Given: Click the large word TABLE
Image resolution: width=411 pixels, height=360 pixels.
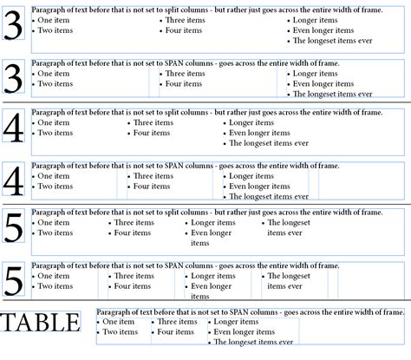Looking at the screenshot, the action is (x=41, y=323).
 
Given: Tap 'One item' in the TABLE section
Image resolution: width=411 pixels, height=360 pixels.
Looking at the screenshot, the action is (x=120, y=322).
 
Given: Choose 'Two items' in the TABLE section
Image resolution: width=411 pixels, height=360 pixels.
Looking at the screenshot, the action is (x=121, y=332).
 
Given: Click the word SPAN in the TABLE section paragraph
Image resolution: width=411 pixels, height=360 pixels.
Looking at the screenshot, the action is (x=245, y=311).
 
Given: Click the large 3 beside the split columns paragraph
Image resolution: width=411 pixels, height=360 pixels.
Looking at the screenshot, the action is (x=14, y=29).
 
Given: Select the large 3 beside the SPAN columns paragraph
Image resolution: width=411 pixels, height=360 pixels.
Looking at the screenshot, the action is (x=14, y=80).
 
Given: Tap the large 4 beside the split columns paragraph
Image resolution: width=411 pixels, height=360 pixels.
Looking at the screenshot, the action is (x=14, y=128).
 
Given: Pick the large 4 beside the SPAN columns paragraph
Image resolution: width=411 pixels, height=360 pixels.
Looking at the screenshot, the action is (x=14, y=180).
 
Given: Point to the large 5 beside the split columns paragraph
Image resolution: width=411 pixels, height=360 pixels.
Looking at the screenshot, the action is (x=14, y=230).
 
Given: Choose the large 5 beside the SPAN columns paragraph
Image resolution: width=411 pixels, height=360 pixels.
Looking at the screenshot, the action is (x=14, y=281).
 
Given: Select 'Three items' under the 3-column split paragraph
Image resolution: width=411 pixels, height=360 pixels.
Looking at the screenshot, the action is (x=186, y=19).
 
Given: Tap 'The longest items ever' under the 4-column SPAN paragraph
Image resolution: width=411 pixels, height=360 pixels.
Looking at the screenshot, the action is (x=269, y=197).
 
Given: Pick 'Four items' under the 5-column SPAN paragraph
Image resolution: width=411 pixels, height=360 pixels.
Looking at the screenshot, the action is (x=133, y=286).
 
